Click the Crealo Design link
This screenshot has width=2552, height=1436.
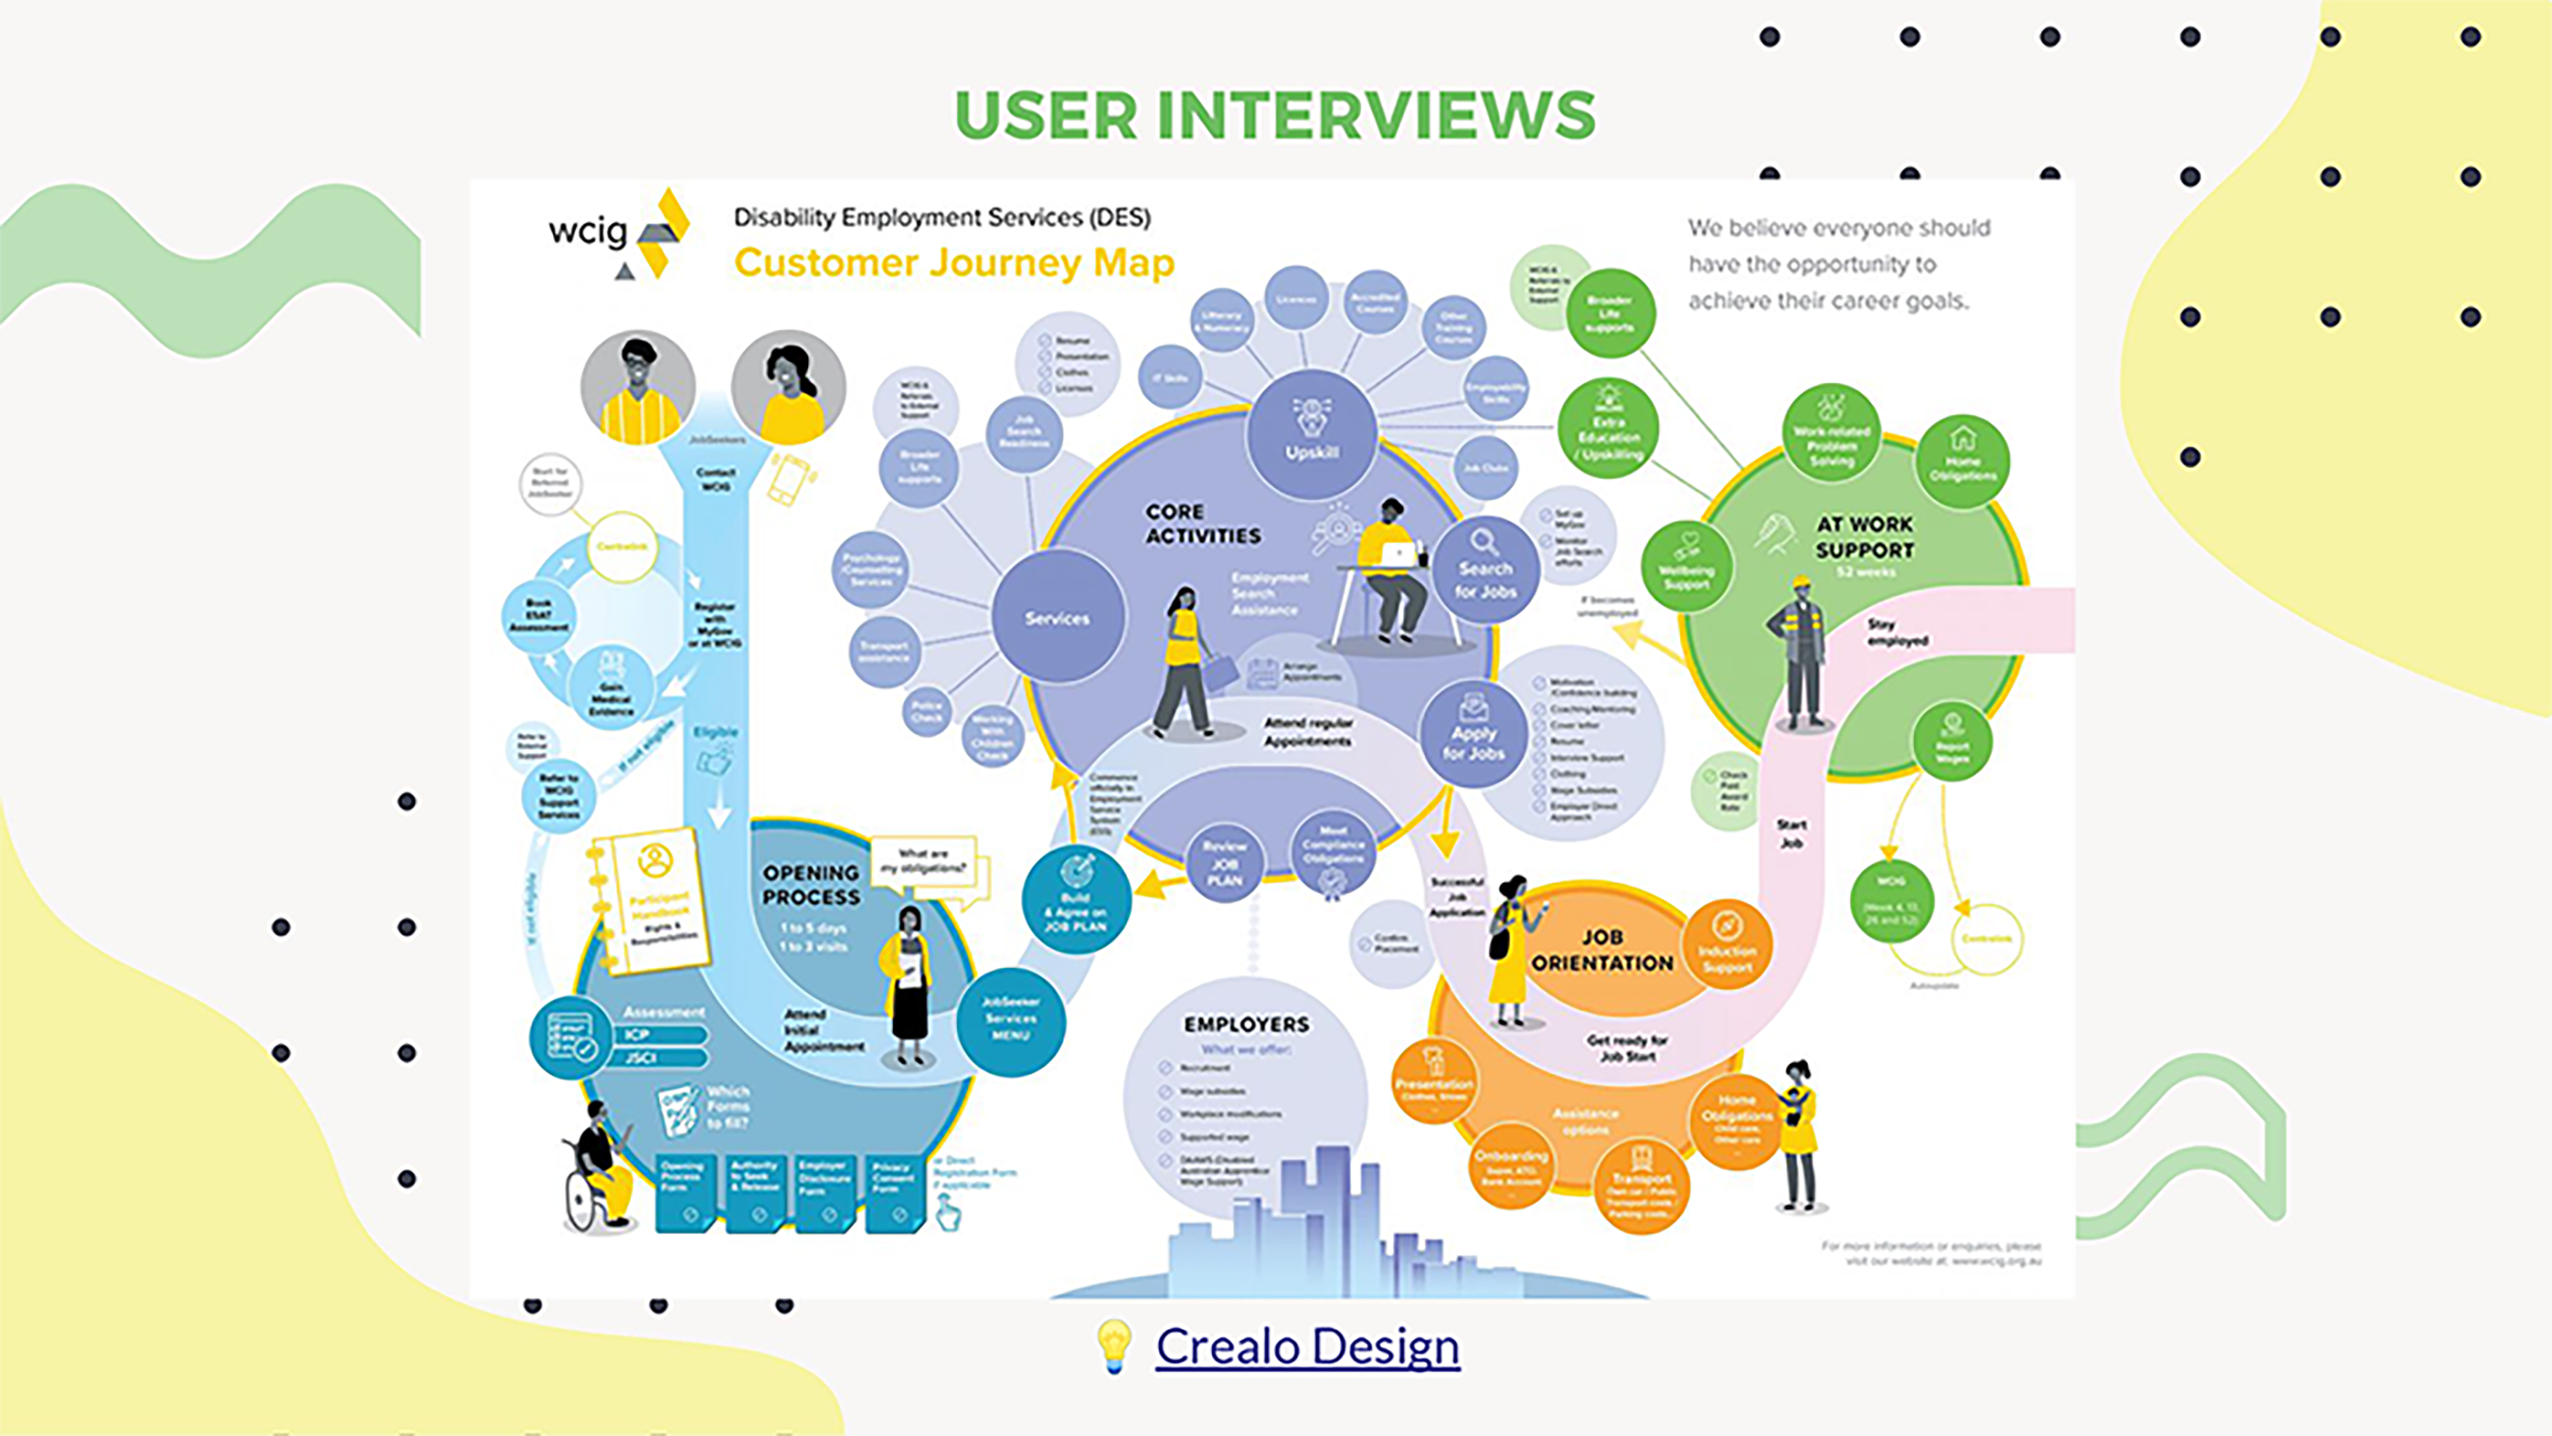(1307, 1346)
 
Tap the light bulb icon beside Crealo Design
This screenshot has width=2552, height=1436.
(1114, 1346)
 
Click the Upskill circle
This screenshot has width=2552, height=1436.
(1312, 434)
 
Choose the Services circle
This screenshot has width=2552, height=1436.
(1057, 617)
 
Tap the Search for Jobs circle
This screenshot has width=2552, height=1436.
(1485, 570)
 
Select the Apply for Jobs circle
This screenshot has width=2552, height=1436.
(1473, 733)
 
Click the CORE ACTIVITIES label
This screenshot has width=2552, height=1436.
(1203, 523)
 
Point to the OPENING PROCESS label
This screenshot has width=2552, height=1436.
(811, 884)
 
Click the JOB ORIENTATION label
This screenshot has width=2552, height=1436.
(1601, 949)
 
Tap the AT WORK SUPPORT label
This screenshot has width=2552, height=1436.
(1864, 537)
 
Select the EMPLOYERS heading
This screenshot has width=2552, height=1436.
(1246, 1023)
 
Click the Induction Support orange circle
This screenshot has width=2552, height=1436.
(1727, 943)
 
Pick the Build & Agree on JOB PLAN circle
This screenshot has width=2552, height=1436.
(1076, 900)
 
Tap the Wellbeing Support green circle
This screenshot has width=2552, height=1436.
(1686, 566)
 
